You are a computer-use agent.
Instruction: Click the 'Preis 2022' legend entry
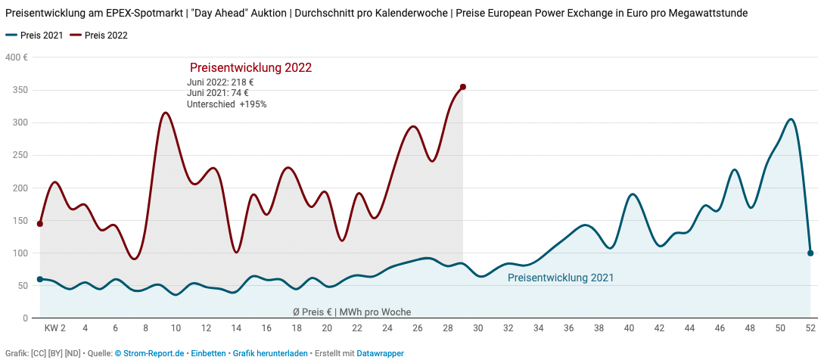(x=106, y=36)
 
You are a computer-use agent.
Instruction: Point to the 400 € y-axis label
(x=17, y=58)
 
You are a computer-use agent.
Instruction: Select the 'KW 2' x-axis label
(x=54, y=328)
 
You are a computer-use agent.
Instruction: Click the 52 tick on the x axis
(x=810, y=328)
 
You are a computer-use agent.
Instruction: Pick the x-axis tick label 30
(x=478, y=328)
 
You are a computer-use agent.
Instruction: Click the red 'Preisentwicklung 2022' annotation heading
(x=250, y=68)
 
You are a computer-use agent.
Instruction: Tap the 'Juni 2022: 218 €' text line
(x=220, y=82)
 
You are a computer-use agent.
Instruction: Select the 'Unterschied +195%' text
(x=226, y=104)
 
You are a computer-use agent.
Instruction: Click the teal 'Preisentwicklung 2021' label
(x=560, y=278)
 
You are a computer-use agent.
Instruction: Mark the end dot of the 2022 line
(x=463, y=87)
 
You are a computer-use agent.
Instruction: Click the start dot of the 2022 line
(x=40, y=224)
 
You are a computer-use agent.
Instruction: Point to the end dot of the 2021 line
(x=810, y=253)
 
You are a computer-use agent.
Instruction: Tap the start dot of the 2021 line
(x=40, y=279)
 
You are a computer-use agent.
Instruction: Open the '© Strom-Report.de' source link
(x=149, y=353)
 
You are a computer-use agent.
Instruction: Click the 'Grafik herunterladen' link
(x=270, y=353)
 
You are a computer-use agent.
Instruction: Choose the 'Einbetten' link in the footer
(x=208, y=353)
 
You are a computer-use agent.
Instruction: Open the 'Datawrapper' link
(x=380, y=353)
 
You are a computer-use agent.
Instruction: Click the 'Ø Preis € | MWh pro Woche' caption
(x=352, y=312)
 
